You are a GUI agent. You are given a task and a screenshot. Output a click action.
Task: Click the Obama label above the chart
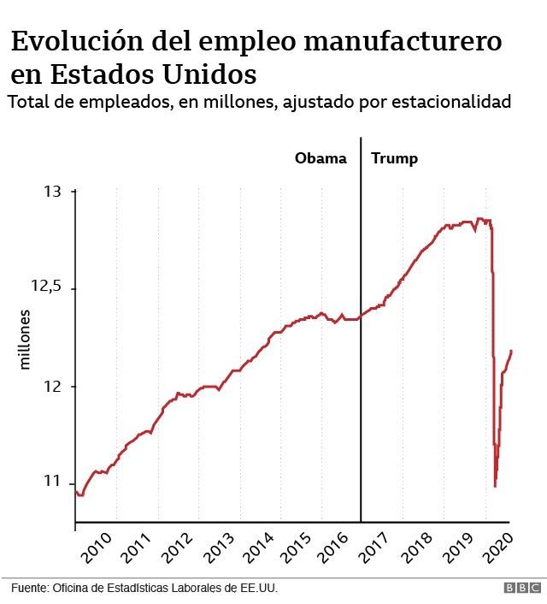click(321, 158)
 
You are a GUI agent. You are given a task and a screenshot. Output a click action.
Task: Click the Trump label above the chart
click(395, 158)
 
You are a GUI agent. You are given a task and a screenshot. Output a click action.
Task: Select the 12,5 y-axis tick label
click(47, 288)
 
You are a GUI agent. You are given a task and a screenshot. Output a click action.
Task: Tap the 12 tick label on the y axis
click(53, 386)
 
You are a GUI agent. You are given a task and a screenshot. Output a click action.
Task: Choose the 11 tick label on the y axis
click(53, 483)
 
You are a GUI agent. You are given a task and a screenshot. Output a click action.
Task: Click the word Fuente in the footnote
click(30, 589)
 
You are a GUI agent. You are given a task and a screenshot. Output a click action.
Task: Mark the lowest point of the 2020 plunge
click(495, 486)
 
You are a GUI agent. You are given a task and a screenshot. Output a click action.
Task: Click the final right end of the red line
click(511, 350)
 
